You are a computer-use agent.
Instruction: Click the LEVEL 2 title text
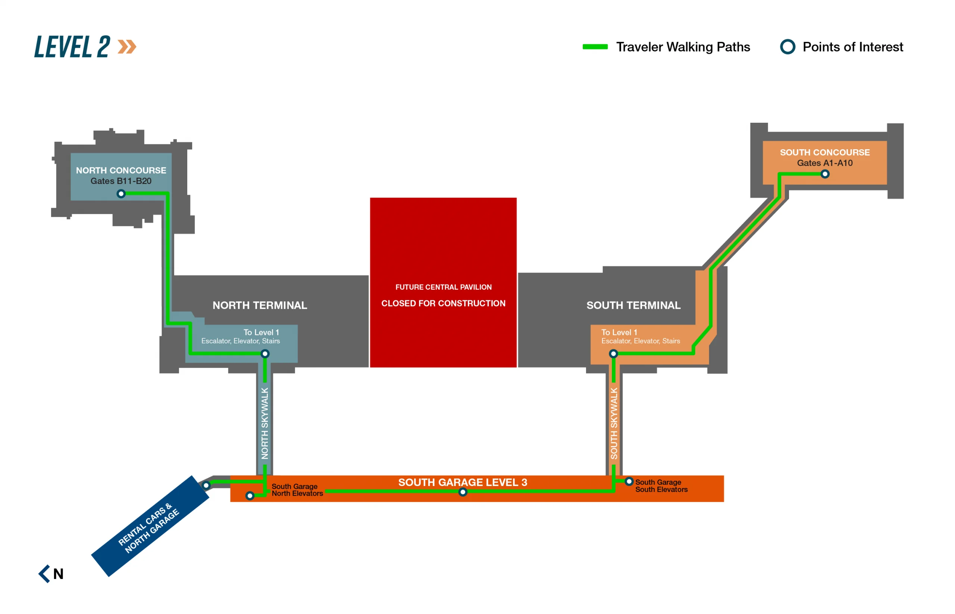coord(72,47)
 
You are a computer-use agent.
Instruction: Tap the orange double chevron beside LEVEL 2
coord(127,47)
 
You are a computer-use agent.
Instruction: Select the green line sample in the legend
coord(595,47)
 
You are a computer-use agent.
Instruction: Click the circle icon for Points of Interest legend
coord(788,47)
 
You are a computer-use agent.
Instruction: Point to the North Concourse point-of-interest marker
coord(121,194)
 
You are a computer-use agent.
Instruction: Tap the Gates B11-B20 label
coord(121,181)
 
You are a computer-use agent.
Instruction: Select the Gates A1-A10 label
coord(824,163)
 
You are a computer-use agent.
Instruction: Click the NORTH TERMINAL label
coord(260,306)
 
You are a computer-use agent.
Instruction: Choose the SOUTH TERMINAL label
coord(633,306)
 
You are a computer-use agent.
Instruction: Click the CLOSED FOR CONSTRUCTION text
coord(444,303)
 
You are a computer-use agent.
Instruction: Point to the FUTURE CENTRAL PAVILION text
coord(444,287)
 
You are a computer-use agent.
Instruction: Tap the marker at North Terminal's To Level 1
coord(265,354)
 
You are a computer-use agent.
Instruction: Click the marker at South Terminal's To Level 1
coord(613,354)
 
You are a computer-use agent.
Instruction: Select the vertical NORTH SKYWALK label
coord(265,423)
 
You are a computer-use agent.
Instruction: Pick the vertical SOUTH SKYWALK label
coord(614,423)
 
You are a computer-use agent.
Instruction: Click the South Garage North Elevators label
coord(297,490)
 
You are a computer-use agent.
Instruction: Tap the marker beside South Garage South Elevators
coord(629,482)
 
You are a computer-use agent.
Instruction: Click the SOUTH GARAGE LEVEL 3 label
coord(463,482)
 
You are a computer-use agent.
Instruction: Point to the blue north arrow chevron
coord(44,574)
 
